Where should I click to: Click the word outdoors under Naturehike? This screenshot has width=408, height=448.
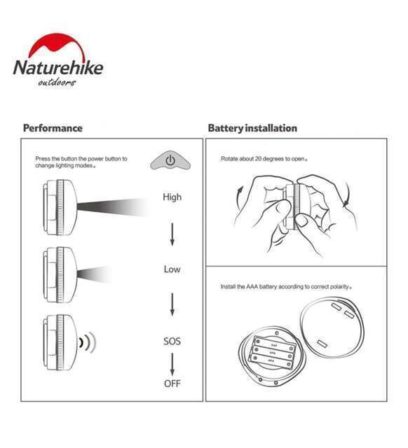point(57,83)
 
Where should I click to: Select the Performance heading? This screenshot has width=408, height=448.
point(53,128)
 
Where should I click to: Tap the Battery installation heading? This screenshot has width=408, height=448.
point(252,128)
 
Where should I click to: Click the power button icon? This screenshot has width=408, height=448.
point(170,160)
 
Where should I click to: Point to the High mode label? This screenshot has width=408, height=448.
point(172,197)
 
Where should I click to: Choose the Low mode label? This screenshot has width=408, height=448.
point(172,269)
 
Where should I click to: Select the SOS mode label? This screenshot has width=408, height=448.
point(172,341)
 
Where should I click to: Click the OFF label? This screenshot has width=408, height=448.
point(172,383)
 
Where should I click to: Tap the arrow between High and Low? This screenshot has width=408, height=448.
point(172,234)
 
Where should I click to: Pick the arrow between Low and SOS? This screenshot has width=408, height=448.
point(172,304)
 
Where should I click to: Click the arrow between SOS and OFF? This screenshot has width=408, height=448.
point(172,365)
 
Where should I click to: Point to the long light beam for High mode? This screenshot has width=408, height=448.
point(113,207)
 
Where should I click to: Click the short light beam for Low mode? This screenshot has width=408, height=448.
point(93,274)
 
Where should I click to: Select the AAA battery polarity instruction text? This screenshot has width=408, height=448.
point(286,286)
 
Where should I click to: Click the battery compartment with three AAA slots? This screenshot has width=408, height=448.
point(271,353)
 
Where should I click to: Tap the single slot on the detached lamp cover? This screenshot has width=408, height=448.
point(322,343)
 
